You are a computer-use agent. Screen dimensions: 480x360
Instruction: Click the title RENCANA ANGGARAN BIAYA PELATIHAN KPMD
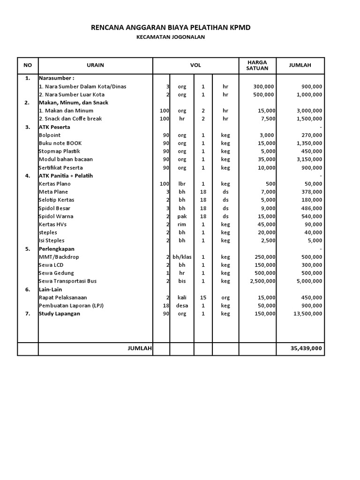171,28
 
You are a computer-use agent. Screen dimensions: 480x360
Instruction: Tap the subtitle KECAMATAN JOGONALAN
171,37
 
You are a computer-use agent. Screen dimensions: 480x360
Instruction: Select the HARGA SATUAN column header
257,65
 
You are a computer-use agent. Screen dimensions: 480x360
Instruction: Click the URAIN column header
95,65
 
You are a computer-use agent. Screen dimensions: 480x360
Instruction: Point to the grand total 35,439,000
306,349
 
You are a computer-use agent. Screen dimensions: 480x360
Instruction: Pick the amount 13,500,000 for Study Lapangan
306,314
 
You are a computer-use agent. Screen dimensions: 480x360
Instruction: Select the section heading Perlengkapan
56,249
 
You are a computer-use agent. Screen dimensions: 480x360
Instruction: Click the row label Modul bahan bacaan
66,159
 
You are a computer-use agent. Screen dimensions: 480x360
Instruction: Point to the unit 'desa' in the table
182,306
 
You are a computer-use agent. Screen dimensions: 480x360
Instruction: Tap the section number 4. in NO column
27,176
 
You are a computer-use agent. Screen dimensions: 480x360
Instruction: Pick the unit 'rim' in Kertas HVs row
182,225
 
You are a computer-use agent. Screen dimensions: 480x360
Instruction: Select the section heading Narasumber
56,78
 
